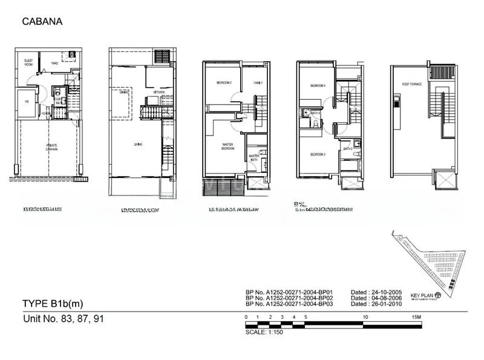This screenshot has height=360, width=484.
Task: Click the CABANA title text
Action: coord(42,22)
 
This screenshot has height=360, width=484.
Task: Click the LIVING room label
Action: coord(137,144)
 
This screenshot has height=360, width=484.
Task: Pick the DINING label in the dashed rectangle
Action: coord(123,92)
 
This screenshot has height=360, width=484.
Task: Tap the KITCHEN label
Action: coord(159,92)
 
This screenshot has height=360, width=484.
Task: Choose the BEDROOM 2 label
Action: coord(216,82)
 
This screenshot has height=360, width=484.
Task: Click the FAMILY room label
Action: coord(258,82)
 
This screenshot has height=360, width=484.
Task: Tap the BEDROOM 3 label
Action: coord(318,155)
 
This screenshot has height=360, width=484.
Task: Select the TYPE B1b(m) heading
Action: coord(52,304)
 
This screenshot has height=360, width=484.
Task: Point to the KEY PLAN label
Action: coord(422,296)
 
